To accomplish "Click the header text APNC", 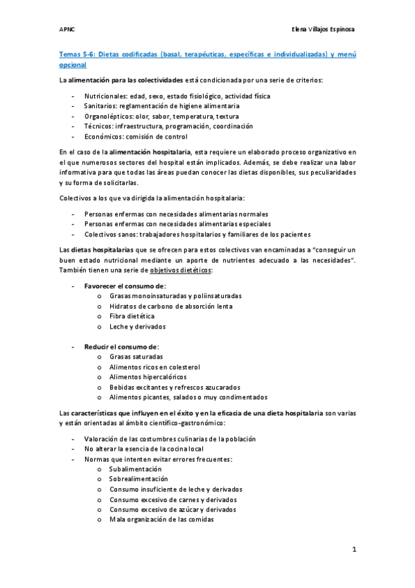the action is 67,30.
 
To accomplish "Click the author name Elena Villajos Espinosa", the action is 324,30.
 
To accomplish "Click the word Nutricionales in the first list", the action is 105,95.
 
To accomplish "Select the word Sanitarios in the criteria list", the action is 100,105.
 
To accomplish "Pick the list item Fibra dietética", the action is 132,315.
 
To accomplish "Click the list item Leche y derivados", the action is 137,326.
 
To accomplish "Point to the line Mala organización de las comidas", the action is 161,519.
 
